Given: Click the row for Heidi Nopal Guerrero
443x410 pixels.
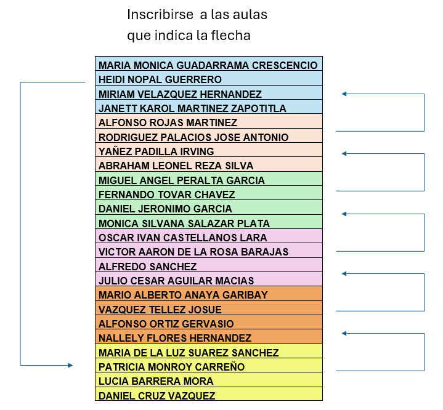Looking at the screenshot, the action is (209, 78).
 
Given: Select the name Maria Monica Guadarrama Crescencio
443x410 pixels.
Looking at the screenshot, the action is (208, 65).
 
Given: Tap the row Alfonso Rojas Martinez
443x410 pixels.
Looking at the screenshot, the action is (209, 121).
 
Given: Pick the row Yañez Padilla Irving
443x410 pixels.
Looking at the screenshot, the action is (209, 150).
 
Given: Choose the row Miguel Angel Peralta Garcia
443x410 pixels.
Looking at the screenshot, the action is (209, 179).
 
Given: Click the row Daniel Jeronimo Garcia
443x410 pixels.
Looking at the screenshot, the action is (209, 207).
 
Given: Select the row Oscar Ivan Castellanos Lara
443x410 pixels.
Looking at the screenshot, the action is (209, 236).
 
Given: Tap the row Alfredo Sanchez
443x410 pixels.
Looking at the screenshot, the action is (209, 265).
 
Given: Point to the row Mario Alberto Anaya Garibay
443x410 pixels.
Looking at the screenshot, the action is (209, 294).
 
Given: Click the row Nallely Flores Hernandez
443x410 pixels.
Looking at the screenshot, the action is (209, 337).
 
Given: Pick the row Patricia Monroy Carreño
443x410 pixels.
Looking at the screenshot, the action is (209, 366).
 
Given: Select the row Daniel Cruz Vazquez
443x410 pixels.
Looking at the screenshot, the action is (209, 394).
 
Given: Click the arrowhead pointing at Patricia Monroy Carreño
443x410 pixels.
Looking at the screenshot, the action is (70, 366).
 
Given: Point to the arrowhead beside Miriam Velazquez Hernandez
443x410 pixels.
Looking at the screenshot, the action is (344, 94).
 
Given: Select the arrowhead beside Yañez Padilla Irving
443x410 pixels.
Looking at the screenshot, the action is (344, 154).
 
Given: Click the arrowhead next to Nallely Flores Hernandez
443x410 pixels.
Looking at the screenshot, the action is (344, 334).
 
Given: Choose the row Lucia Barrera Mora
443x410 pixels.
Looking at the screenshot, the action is (209, 380).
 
